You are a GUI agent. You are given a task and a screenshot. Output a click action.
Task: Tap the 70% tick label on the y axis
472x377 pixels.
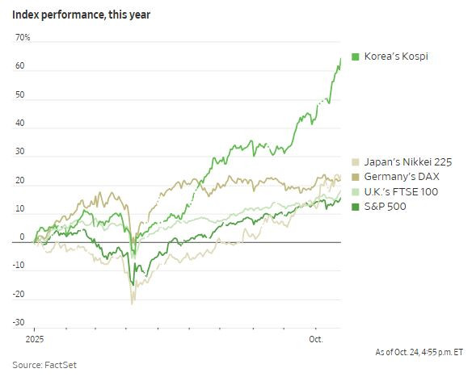pos(22,38)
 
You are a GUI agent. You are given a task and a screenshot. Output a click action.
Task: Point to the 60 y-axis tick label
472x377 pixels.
pos(20,67)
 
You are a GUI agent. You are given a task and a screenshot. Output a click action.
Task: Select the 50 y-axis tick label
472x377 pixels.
pos(20,95)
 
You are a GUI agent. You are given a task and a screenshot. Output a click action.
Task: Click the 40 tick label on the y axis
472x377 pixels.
pos(20,124)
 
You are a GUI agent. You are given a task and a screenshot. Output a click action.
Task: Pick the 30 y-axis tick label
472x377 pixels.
pos(20,152)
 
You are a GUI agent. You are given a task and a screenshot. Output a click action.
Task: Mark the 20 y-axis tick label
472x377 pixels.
pos(20,181)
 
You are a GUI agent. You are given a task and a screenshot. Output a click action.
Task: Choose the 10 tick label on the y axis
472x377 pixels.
pos(20,209)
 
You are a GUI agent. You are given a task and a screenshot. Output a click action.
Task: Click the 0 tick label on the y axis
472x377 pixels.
pos(23,237)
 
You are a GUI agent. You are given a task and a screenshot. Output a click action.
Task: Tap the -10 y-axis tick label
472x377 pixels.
pos(19,266)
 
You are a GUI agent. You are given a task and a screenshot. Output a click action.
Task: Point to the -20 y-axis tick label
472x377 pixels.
pos(19,295)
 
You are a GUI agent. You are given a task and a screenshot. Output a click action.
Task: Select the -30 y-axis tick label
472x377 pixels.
pos(19,323)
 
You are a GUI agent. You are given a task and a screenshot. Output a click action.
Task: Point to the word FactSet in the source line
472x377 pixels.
pos(60,365)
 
